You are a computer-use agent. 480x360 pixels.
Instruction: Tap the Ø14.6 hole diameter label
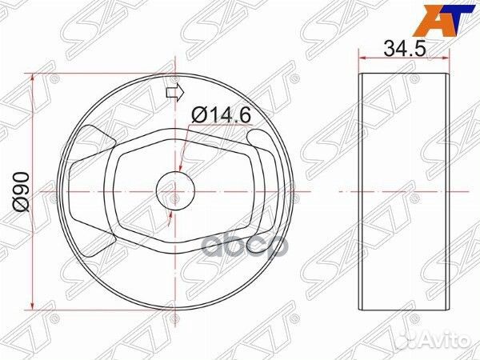point(221,116)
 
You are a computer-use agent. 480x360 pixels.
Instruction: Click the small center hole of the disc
point(175,192)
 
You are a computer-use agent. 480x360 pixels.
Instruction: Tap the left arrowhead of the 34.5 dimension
point(362,58)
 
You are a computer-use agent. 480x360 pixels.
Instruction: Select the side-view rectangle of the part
point(402,192)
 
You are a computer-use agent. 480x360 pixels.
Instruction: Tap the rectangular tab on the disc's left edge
point(71,192)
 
